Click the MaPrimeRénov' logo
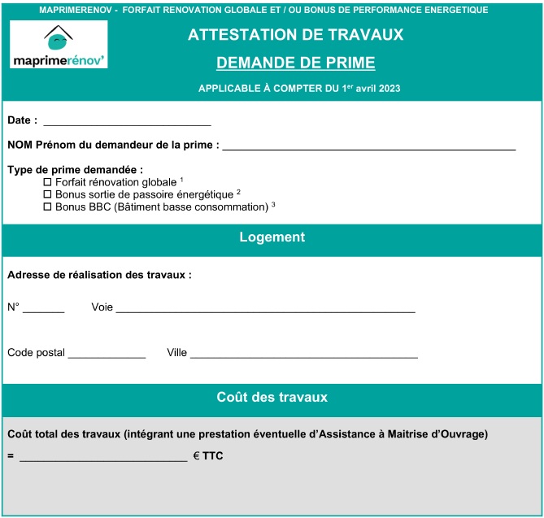(59, 46)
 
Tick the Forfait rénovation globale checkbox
(47, 182)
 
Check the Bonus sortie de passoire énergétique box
(47, 194)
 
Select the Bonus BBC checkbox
(47, 207)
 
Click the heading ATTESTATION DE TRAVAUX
(295, 35)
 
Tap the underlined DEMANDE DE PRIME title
(295, 63)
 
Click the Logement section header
(272, 237)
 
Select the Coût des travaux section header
(272, 398)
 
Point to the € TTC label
(208, 456)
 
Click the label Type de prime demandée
(75, 170)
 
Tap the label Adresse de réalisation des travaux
(99, 275)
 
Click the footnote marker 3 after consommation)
(273, 204)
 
